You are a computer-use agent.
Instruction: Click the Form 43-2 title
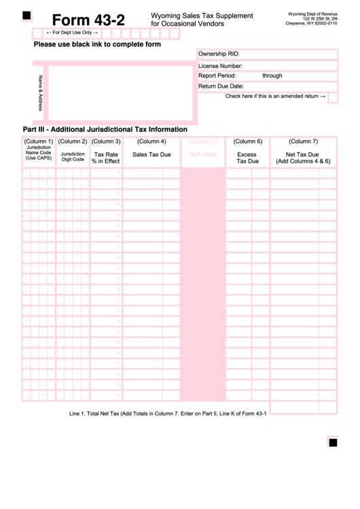[88, 20]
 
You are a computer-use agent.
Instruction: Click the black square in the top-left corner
[26, 15]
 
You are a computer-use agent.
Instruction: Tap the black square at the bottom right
[333, 443]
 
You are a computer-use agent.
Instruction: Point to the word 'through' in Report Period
[272, 76]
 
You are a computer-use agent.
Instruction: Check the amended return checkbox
[333, 96]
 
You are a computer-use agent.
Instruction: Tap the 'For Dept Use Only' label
[71, 33]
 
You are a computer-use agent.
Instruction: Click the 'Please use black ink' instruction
[97, 45]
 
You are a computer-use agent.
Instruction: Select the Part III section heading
[105, 129]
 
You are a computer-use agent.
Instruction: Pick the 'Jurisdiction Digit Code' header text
[73, 157]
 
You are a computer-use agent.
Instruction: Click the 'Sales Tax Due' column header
[151, 155]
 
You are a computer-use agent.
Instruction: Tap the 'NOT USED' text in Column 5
[202, 155]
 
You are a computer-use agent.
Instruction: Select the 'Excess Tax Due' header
[247, 158]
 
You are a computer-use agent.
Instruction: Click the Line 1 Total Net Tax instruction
[168, 413]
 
